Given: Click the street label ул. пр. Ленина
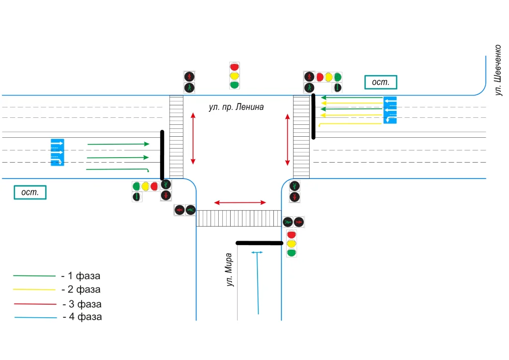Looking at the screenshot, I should point(236,107).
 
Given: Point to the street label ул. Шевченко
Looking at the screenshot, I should point(499,70).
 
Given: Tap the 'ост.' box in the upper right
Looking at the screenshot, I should point(381,82).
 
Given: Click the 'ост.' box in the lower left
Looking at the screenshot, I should point(30,192).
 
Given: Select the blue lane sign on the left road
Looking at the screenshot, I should point(57,152).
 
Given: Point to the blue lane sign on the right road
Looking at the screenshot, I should point(390,109).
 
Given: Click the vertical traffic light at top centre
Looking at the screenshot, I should point(235,76).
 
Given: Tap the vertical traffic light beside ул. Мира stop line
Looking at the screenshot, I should point(292,244).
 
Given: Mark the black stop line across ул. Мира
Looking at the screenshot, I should point(259,243).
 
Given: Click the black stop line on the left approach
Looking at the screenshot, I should point(162,155).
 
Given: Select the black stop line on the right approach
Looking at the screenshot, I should point(313,116).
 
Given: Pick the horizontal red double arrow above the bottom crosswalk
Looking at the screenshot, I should point(240,202).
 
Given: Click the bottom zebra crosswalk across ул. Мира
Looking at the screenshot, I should point(239,218).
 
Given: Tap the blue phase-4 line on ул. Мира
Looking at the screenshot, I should point(257,286).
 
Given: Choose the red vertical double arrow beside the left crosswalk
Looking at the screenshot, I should point(193,138).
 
